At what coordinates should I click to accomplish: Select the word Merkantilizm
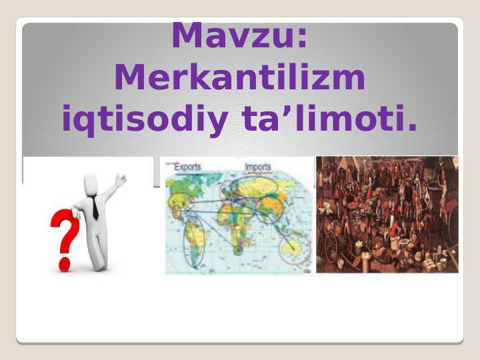(x=240, y=77)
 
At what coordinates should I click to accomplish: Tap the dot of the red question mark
(x=65, y=265)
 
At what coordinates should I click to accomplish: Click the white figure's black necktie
(x=94, y=208)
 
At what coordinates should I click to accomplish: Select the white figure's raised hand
(x=121, y=180)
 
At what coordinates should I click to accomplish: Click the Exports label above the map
(x=187, y=167)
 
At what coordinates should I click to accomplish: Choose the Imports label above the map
(x=258, y=167)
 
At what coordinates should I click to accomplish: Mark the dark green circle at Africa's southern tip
(x=238, y=250)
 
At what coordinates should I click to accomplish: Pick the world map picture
(x=239, y=216)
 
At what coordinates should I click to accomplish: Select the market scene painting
(x=387, y=215)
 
